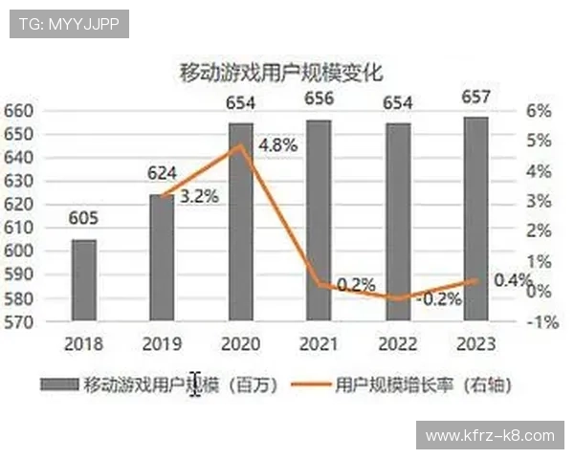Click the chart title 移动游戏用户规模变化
281,73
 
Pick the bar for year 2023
476,220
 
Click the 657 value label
475,97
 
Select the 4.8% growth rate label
277,145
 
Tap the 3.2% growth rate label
199,196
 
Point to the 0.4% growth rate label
513,280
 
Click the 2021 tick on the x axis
319,343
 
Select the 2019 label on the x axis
162,343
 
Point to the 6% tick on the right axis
540,110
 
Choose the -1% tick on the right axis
541,322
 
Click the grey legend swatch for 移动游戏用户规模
59,384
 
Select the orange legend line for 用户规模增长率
307,384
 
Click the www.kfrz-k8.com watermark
489,435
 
